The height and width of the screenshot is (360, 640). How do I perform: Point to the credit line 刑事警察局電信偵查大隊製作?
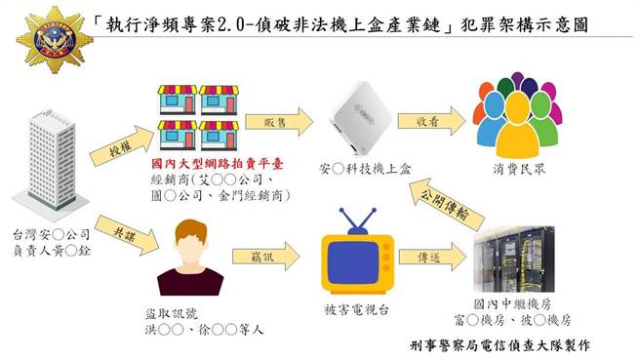(498, 345)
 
